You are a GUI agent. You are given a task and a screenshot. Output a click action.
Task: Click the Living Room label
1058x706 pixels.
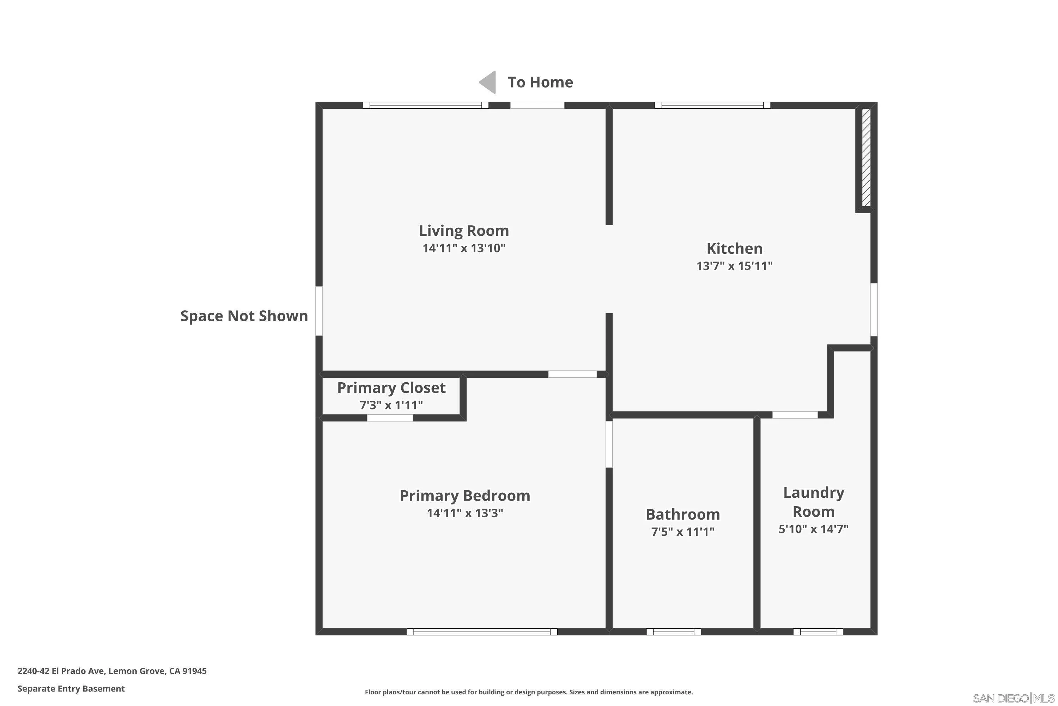(464, 231)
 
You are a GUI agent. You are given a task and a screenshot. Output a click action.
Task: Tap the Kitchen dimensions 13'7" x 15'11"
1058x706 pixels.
(734, 266)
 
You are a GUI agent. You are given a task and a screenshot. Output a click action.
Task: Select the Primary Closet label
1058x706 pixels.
(391, 388)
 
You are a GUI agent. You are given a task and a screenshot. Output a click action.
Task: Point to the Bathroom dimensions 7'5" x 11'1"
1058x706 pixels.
(682, 532)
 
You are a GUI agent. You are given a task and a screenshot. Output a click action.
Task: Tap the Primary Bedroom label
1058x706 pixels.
(465, 496)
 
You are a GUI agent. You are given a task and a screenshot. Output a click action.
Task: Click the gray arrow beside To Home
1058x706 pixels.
(488, 82)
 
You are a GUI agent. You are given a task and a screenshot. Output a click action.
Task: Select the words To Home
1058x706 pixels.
(540, 82)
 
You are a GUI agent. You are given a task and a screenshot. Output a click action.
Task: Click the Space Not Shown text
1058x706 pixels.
(244, 316)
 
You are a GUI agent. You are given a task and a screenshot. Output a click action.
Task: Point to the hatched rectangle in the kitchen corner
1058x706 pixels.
(866, 157)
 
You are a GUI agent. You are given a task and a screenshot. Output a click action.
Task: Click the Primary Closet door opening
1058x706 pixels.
(390, 418)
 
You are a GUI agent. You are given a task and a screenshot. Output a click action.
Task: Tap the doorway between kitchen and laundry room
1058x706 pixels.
(795, 415)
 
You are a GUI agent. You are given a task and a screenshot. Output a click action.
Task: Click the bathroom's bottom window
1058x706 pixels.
(673, 632)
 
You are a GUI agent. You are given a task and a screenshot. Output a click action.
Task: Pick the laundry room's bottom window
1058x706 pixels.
(817, 632)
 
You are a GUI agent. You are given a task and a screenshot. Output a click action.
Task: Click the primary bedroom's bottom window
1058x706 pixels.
(482, 632)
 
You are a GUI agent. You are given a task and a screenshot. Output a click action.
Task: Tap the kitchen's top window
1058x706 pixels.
(712, 105)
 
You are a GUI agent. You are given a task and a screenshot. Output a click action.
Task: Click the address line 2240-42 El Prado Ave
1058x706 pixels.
(112, 671)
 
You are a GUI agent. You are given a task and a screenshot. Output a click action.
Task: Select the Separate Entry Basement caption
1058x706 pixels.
(71, 688)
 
